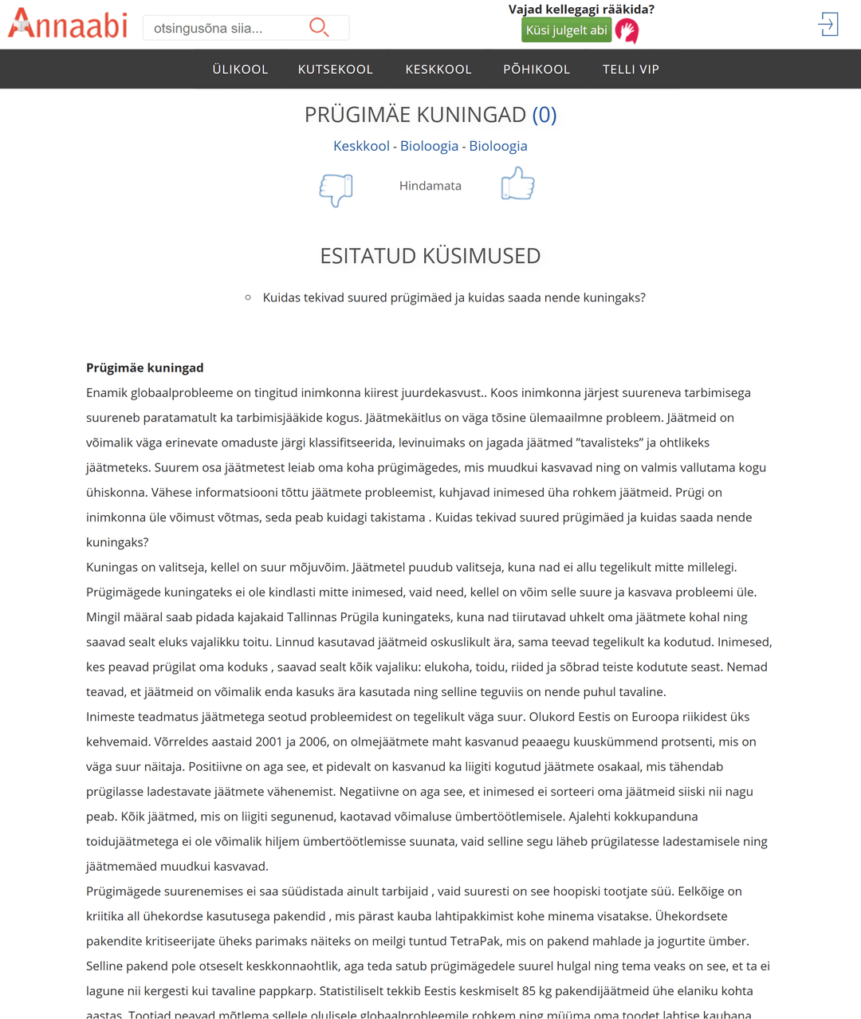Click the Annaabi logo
tap(68, 25)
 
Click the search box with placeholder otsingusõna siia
tap(223, 29)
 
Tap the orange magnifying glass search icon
tap(319, 28)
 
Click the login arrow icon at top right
tap(828, 25)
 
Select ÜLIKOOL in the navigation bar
tap(240, 69)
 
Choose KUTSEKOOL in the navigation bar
tap(336, 69)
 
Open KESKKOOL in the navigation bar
tap(438, 69)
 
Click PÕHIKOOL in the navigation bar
tap(537, 69)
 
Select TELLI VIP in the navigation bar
tap(631, 69)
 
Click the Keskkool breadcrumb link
tap(361, 146)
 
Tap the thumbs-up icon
tap(517, 184)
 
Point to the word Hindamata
tap(431, 186)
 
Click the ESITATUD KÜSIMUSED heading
tap(431, 256)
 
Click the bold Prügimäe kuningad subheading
tap(145, 368)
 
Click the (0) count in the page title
tap(544, 115)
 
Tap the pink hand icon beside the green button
tap(627, 31)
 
